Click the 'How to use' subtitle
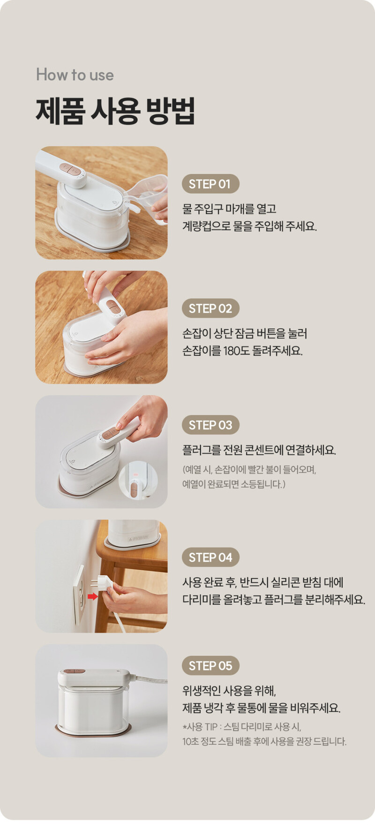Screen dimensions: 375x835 (x=75, y=75)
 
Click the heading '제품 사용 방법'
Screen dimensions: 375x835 (x=115, y=111)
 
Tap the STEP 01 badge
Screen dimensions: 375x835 (x=210, y=184)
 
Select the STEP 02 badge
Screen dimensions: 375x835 (x=210, y=308)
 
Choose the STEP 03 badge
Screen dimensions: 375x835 (x=210, y=425)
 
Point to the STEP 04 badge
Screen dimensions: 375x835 (x=210, y=557)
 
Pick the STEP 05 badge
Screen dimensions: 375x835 (x=210, y=666)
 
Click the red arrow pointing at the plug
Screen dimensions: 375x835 (x=93, y=596)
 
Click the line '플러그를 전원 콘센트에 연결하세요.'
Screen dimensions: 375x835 (x=259, y=451)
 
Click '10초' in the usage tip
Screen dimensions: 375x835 (x=190, y=742)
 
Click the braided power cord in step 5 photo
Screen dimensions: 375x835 (x=149, y=678)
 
